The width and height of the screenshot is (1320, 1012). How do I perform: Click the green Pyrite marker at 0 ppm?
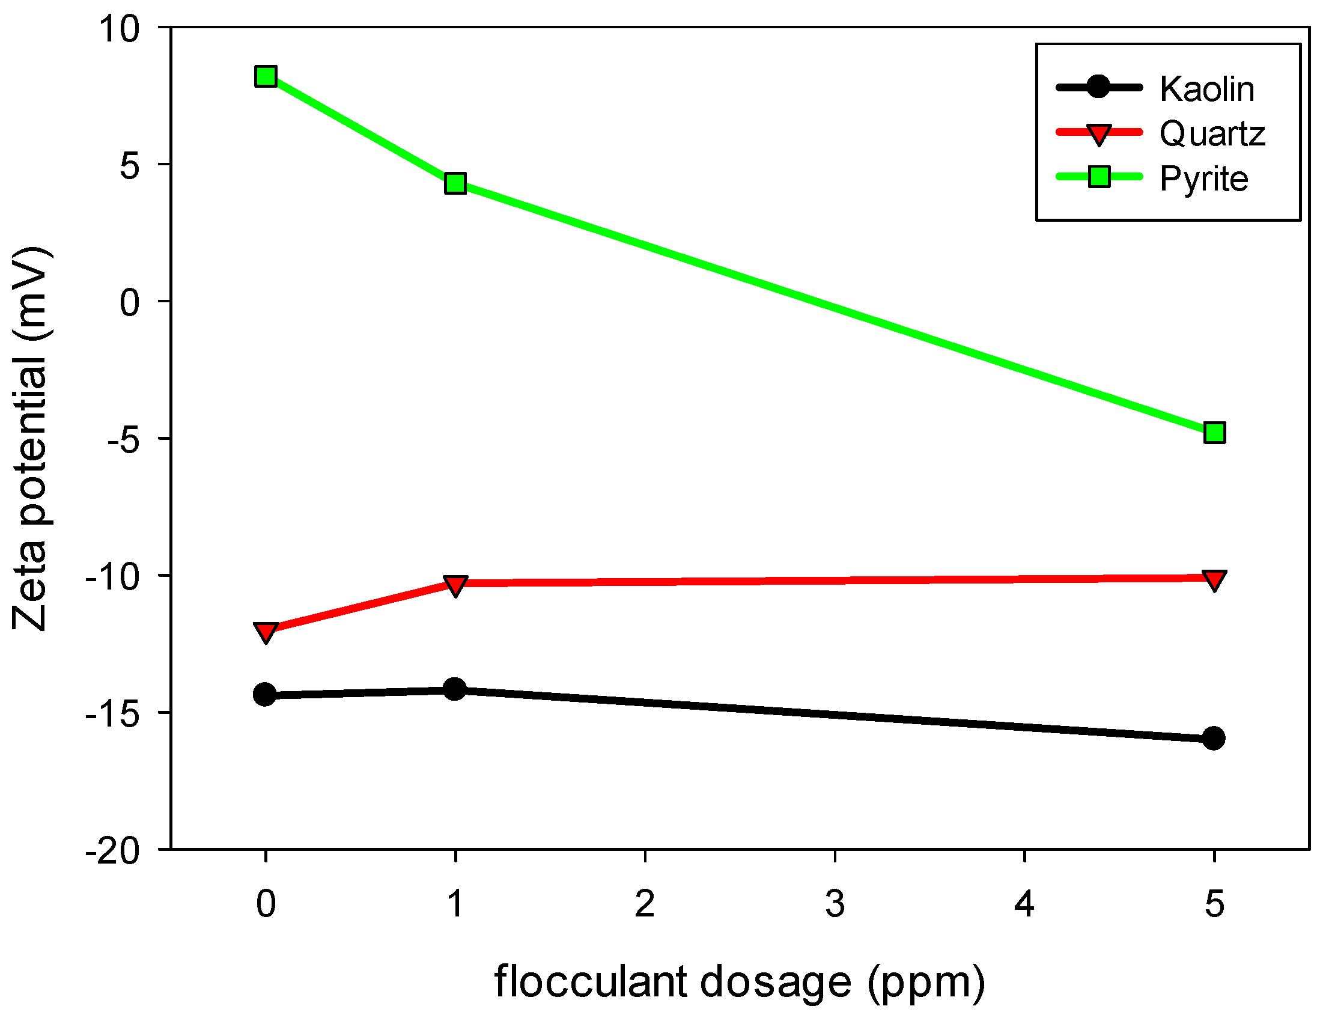click(266, 76)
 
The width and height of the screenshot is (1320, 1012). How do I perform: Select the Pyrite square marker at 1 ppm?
click(455, 183)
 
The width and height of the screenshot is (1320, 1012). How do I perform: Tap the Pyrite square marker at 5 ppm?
click(1215, 433)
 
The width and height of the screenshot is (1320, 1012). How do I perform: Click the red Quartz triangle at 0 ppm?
click(266, 632)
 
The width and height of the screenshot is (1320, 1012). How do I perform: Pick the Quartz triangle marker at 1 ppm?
click(455, 584)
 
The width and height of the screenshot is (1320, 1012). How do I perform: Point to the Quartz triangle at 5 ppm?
click(1215, 579)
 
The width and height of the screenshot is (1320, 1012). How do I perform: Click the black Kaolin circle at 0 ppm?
click(265, 695)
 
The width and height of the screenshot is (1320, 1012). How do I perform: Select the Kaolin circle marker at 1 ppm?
click(455, 689)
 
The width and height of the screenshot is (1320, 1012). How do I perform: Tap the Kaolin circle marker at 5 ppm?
click(1214, 738)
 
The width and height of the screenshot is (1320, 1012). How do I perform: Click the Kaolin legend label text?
click(1207, 89)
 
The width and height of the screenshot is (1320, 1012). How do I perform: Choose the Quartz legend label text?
click(1212, 134)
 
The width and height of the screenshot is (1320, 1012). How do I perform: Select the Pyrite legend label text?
click(1204, 178)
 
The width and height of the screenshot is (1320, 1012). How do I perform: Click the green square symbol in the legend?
click(1099, 177)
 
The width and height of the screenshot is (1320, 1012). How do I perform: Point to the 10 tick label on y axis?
click(119, 28)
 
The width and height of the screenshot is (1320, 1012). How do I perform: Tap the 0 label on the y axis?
click(129, 302)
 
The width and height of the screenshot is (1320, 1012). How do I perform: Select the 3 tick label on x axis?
click(835, 904)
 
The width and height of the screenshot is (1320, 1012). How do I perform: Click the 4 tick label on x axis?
click(1024, 904)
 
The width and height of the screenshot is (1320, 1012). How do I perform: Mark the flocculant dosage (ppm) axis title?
click(739, 982)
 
